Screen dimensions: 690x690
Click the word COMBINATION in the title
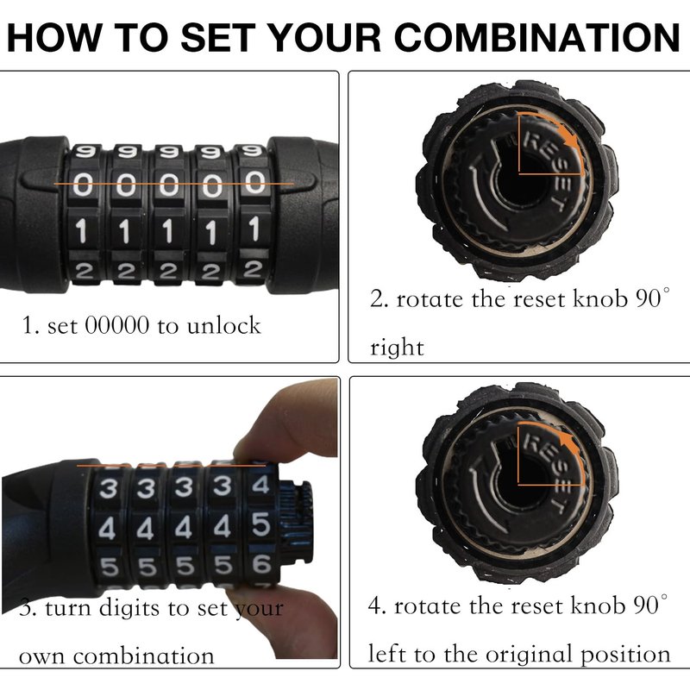[x=537, y=37]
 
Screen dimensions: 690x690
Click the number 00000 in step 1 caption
[x=117, y=326]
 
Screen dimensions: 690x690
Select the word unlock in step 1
[x=224, y=326]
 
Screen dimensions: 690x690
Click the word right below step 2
[x=397, y=348]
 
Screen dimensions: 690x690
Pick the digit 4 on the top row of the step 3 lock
[x=260, y=485]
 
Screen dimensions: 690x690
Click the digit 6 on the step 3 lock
[x=261, y=563]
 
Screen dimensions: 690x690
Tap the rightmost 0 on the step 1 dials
[x=255, y=183]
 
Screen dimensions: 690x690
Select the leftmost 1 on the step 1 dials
[x=82, y=230]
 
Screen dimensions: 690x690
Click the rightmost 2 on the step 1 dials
[x=253, y=269]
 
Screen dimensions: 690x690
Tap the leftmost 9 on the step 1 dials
[x=85, y=153]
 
